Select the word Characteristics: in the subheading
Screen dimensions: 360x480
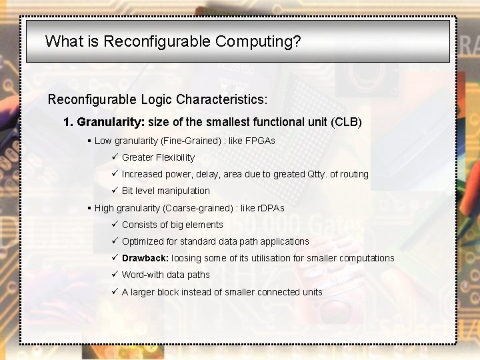[222, 100]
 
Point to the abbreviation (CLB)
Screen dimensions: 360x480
[346, 122]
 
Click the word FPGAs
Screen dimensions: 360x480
[261, 141]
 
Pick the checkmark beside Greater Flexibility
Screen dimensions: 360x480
[115, 157]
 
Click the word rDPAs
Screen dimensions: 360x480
[271, 208]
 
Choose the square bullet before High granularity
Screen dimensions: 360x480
[89, 208]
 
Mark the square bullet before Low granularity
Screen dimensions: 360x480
[89, 141]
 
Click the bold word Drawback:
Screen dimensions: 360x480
[145, 258]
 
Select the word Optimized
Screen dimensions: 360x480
[141, 241]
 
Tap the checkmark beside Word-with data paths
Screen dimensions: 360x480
[115, 275]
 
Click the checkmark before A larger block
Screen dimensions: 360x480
[115, 292]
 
